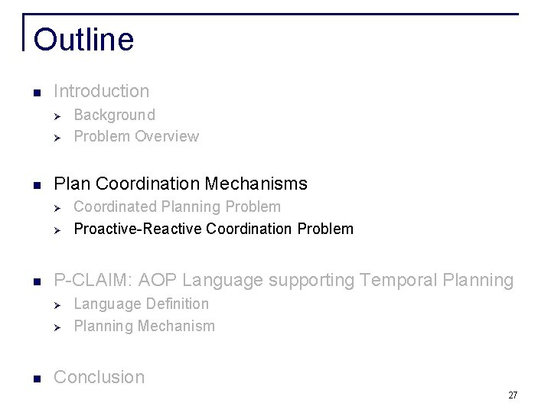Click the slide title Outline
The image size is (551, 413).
pos(83,40)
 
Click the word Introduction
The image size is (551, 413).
pos(102,91)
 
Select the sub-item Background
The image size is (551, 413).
pos(114,115)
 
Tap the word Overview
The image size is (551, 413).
pos(167,136)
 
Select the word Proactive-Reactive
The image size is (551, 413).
pos(138,229)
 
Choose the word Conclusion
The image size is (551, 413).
pos(99,377)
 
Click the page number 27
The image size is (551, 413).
pos(513,395)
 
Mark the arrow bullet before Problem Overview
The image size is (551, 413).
pos(56,137)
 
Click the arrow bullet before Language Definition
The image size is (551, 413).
pos(56,304)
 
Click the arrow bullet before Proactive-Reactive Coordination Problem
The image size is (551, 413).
pos(56,229)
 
